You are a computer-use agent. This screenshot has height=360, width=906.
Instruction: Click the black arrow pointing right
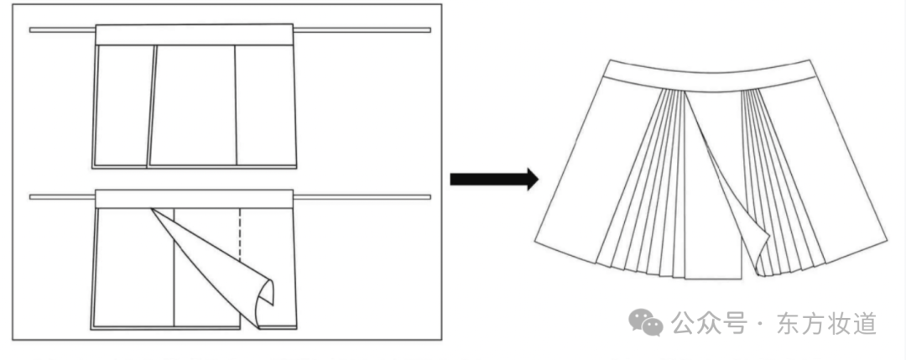click(x=492, y=179)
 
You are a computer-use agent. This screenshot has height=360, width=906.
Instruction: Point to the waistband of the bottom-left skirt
click(x=195, y=198)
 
